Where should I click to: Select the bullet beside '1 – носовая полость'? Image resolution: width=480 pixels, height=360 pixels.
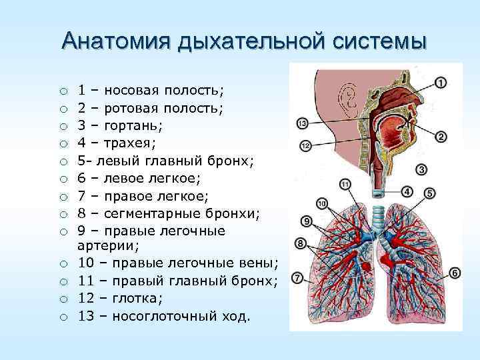pyautogui.click(x=62, y=91)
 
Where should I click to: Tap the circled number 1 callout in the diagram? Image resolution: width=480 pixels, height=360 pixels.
pyautogui.click(x=442, y=83)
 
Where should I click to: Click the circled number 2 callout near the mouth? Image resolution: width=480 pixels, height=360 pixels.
pyautogui.click(x=441, y=137)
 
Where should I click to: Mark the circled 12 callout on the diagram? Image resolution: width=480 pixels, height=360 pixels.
pyautogui.click(x=305, y=145)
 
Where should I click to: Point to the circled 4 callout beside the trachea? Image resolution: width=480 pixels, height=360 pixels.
pyautogui.click(x=408, y=191)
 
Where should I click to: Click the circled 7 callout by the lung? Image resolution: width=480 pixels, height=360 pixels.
pyautogui.click(x=298, y=277)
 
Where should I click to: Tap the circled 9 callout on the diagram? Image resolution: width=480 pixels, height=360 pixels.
pyautogui.click(x=307, y=221)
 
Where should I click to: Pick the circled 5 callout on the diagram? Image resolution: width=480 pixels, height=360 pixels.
pyautogui.click(x=430, y=193)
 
